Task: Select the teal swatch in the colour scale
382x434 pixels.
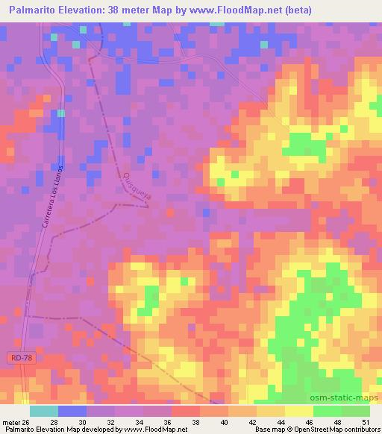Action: click(x=44, y=411)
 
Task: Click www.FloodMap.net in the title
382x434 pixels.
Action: click(x=225, y=10)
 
